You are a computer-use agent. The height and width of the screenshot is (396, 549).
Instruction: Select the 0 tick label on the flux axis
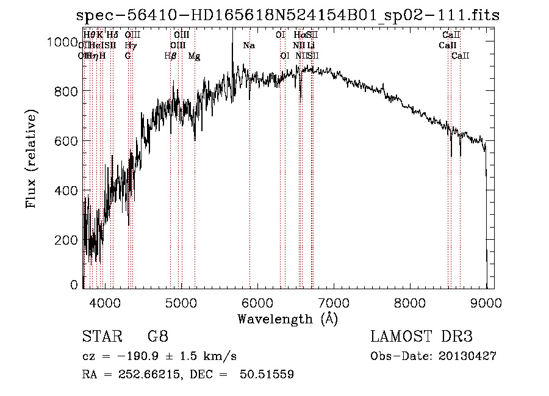(74, 285)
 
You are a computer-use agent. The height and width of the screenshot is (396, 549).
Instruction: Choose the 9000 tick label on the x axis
(486, 302)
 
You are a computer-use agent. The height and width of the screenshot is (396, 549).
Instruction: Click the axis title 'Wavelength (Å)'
(287, 319)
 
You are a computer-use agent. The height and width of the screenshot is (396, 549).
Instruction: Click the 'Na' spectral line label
(248, 45)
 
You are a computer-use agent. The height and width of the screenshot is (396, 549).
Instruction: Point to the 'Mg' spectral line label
(193, 56)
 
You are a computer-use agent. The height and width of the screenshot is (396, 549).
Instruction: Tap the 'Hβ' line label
(170, 56)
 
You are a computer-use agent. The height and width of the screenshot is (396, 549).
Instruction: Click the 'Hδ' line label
(112, 35)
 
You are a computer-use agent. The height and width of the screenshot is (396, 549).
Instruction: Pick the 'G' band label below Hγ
(127, 56)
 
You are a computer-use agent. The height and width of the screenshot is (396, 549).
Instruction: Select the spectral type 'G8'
(157, 337)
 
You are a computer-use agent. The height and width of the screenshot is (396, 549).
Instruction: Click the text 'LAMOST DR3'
(422, 337)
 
